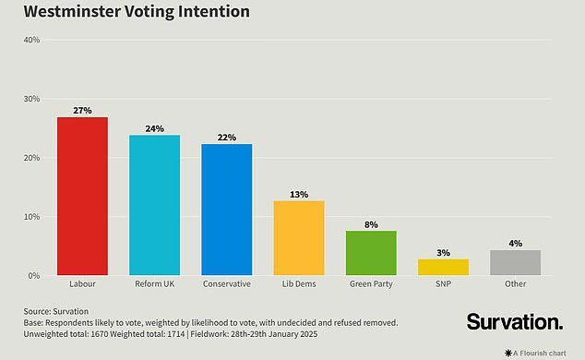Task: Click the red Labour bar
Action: (82, 197)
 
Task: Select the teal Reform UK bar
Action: (154, 206)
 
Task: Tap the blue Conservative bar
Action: (226, 210)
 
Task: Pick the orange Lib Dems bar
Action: (299, 238)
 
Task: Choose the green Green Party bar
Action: (371, 253)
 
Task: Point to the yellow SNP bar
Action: (443, 267)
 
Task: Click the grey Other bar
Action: (515, 263)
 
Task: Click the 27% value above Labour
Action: (82, 111)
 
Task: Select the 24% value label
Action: (154, 128)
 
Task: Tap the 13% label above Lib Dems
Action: (299, 194)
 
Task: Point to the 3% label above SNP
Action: (443, 252)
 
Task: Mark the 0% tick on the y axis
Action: (32, 276)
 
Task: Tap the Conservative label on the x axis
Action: (226, 284)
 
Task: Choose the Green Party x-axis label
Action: (371, 284)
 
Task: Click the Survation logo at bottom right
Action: (513, 322)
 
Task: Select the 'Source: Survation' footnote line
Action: (56, 310)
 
